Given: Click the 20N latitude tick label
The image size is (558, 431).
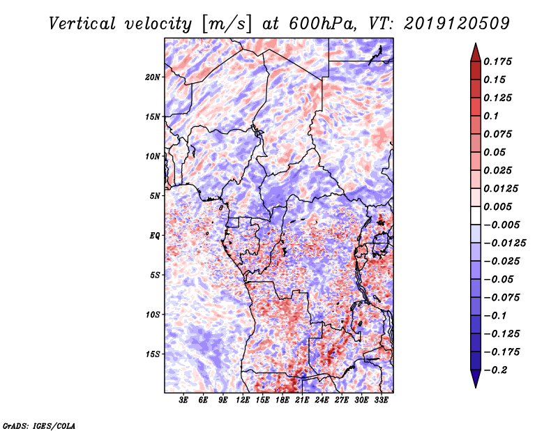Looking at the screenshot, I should pos(153,77).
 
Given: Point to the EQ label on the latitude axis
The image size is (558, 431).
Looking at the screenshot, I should pos(155,236).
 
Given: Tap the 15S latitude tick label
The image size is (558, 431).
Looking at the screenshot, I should pos(153,354).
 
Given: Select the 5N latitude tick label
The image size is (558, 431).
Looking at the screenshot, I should pos(155,196).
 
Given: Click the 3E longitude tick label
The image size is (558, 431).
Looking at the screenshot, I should pos(184,400).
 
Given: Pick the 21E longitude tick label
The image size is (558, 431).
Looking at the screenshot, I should pos(303,400).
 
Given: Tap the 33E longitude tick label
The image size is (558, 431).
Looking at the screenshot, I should pos(382,400).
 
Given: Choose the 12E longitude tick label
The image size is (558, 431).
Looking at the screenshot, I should pos(243,400).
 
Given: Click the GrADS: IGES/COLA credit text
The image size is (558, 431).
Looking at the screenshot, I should pos(39,425).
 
